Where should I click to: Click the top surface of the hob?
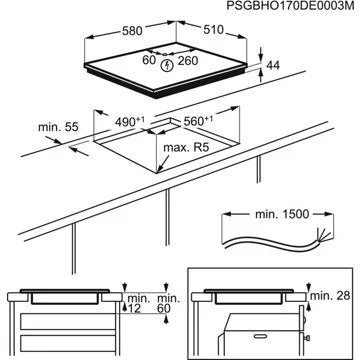pyautogui.click(x=170, y=75)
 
